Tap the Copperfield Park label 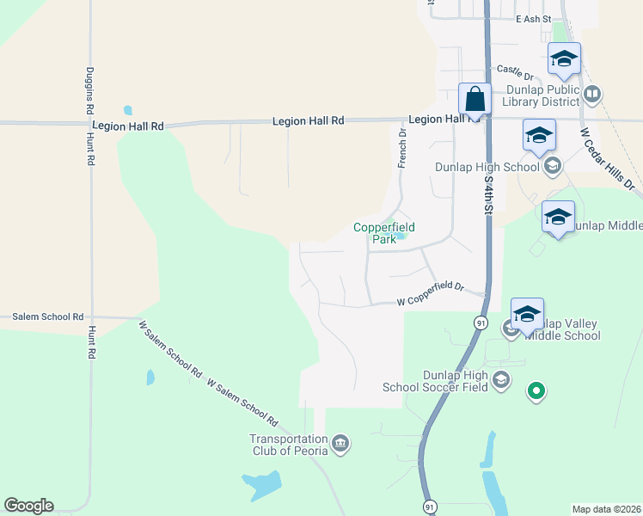coord(384,233)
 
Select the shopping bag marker coord(475,100)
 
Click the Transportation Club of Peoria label coord(289,445)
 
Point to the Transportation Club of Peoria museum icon coord(340,444)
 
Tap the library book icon coord(591,94)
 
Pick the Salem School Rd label coord(48,317)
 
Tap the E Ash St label coord(533,19)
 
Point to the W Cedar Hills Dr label coord(607,160)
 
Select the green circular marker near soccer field coord(537,392)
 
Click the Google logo coord(28,506)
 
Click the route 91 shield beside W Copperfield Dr coord(479,322)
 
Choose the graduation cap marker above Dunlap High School coord(538,136)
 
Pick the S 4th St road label coord(487,189)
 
